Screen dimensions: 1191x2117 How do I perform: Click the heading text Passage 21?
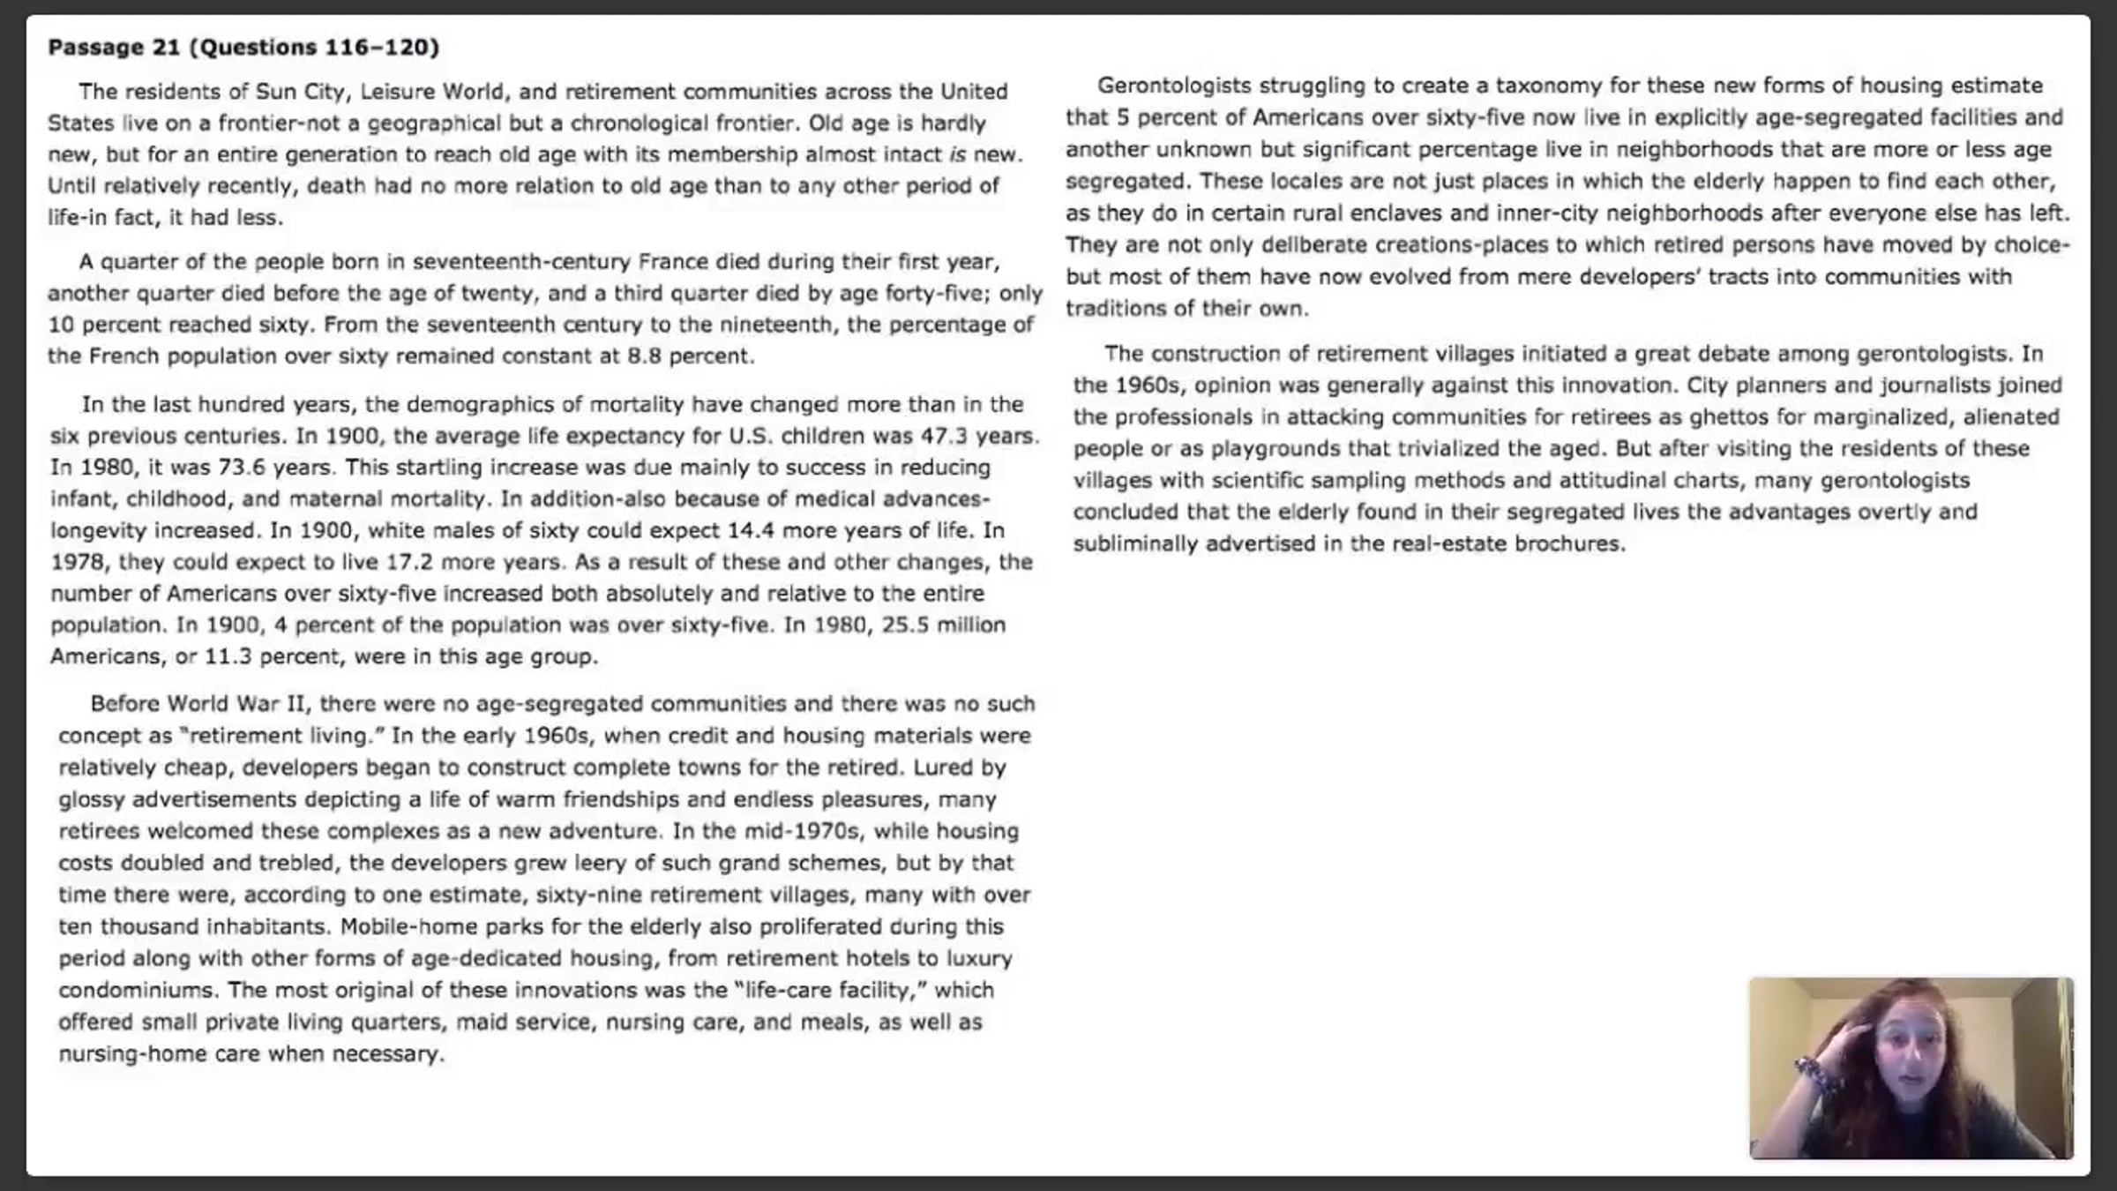coord(114,47)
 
